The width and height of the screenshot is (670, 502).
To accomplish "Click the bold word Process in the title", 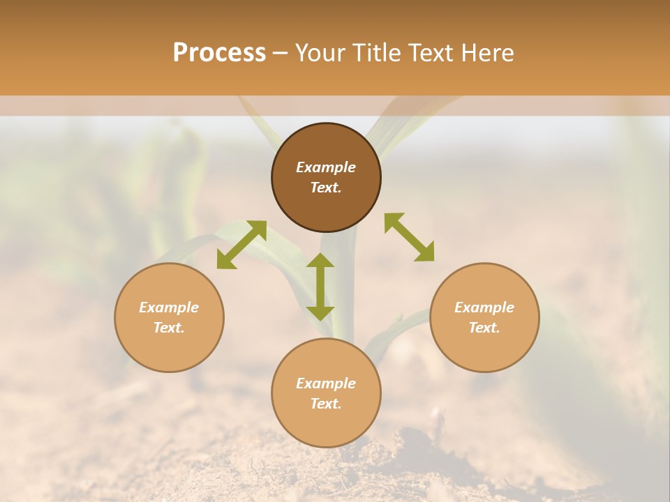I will click(219, 53).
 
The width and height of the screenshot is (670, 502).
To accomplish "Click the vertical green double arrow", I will click(320, 287).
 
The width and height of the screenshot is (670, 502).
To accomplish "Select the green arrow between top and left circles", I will click(241, 245).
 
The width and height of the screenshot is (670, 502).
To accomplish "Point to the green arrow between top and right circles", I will click(409, 237).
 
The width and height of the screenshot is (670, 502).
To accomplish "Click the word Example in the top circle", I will click(326, 167).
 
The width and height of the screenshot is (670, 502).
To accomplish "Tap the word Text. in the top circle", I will click(326, 188).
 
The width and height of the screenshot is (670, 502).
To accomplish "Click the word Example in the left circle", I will click(169, 307).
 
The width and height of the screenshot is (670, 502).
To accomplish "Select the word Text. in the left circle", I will click(169, 328).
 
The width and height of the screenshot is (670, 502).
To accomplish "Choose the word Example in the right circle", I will click(484, 307).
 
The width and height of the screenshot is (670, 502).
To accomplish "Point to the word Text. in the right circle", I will click(484, 328).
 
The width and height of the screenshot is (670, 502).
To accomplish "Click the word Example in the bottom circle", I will click(326, 383).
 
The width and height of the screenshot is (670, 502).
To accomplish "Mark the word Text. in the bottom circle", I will click(326, 404).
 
